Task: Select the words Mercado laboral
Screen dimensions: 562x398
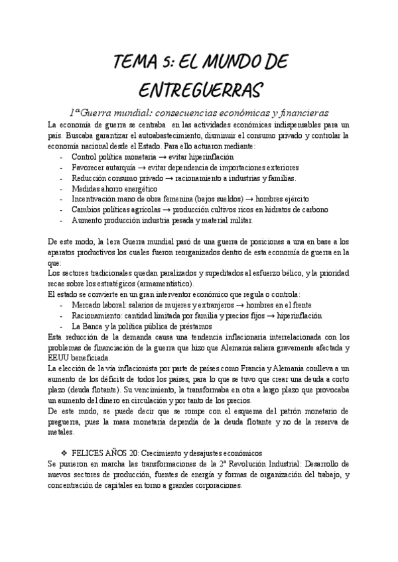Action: (98, 305)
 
